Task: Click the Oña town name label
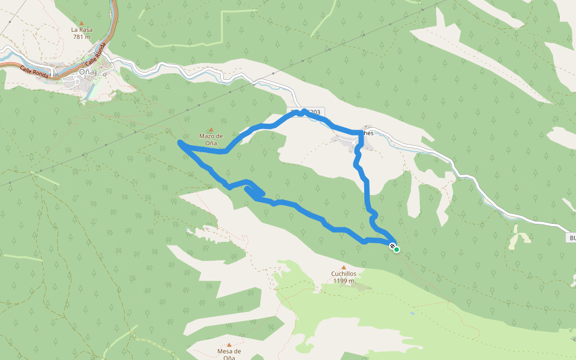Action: coord(87,72)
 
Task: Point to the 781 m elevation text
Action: coord(81,37)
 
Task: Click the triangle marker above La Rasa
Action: coord(81,22)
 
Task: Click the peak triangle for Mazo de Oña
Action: coord(211,129)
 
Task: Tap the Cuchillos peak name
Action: coord(344,274)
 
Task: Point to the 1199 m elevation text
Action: coord(344,281)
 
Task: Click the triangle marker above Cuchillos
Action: coord(344,267)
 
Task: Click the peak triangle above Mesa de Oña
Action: coord(229,344)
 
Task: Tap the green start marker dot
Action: coord(397,250)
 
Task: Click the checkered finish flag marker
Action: coord(392,246)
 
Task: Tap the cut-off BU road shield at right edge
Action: coord(571,238)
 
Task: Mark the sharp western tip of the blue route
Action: coord(180,142)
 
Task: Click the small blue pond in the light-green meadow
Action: coord(413,313)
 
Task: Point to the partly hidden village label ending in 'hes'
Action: coord(367,133)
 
